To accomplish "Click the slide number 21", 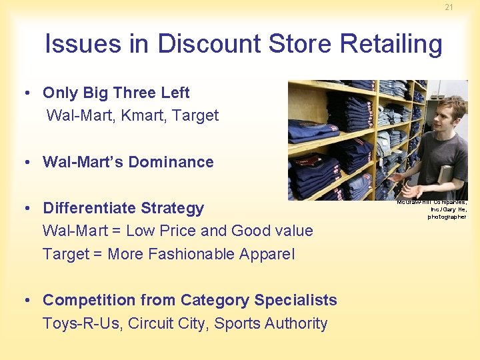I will tap(449, 7).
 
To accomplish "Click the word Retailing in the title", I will tap(391, 44).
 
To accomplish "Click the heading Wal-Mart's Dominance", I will tap(128, 162).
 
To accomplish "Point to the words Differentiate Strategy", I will tap(123, 208).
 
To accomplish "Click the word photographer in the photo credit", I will tap(447, 217).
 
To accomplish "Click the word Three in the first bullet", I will tap(136, 93).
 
